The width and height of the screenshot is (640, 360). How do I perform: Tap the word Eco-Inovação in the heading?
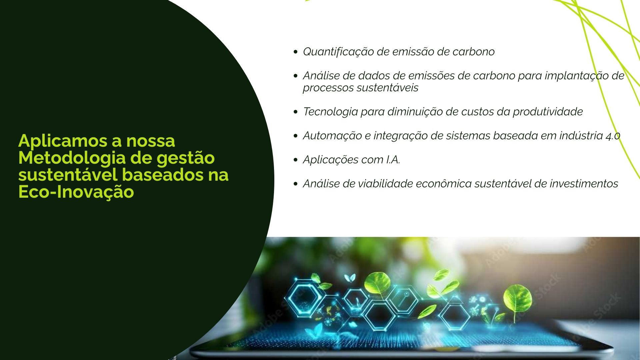coord(76,192)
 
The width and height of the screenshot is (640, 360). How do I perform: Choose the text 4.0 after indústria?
coord(613,136)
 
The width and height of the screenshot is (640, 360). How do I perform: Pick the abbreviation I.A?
coord(393,160)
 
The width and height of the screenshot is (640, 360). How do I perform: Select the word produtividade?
coord(548,112)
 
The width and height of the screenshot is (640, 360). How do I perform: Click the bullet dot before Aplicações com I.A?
coord(295,160)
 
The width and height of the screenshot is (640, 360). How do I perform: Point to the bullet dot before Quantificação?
coord(295,52)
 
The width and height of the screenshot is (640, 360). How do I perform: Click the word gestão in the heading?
coord(186,158)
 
